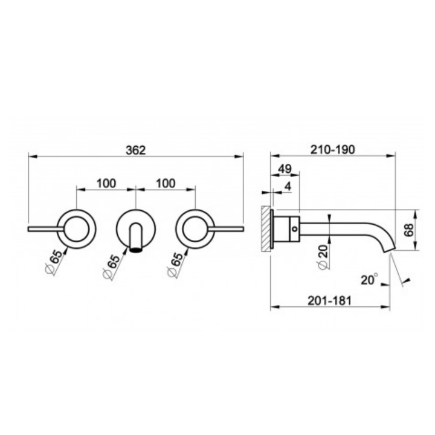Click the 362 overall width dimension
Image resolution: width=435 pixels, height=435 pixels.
pos(136,150)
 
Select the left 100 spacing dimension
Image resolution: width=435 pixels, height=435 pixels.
pos(106,184)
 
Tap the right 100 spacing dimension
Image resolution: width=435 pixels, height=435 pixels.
pos(166,184)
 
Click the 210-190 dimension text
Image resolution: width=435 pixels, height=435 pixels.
pos(332,150)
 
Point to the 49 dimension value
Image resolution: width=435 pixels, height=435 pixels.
pos(285,169)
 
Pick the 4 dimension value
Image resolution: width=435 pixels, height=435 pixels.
pos(288,187)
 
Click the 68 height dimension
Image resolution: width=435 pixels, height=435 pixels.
pos(409,230)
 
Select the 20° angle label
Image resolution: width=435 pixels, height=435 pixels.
pos(369,279)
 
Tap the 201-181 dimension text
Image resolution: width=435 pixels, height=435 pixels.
pos(330,300)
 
